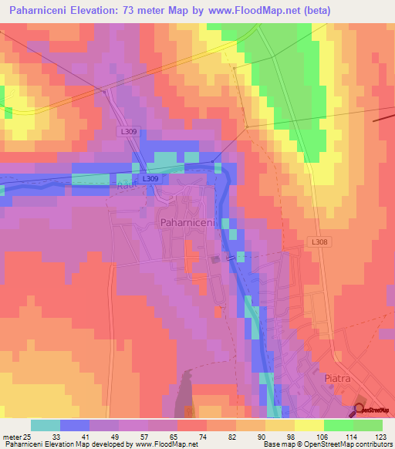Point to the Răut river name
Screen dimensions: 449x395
click(127, 185)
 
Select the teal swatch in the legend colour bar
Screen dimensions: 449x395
click(46, 425)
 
